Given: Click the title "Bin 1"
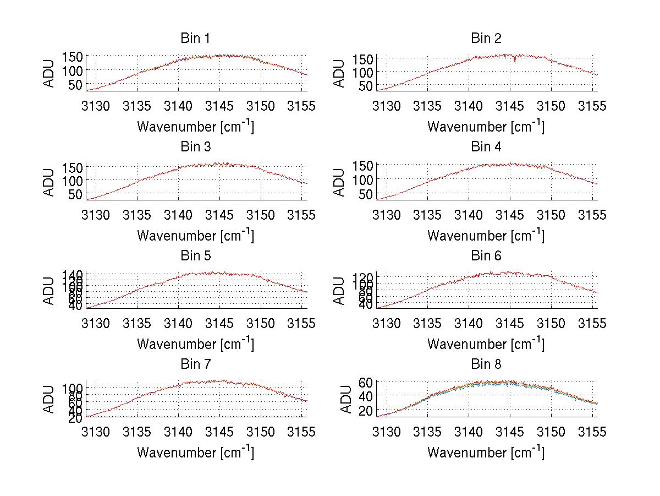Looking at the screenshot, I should (x=195, y=39).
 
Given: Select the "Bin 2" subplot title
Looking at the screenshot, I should (x=486, y=39).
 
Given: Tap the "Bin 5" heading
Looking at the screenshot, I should (x=195, y=256).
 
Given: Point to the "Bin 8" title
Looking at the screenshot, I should (x=486, y=364).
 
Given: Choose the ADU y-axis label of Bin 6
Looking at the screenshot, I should (x=340, y=291).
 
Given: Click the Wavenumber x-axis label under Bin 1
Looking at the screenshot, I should (x=195, y=127).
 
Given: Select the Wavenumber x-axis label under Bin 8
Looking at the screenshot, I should (x=486, y=453).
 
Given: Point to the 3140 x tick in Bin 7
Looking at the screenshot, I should (x=178, y=432).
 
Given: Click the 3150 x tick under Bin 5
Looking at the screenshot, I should (x=260, y=324).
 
